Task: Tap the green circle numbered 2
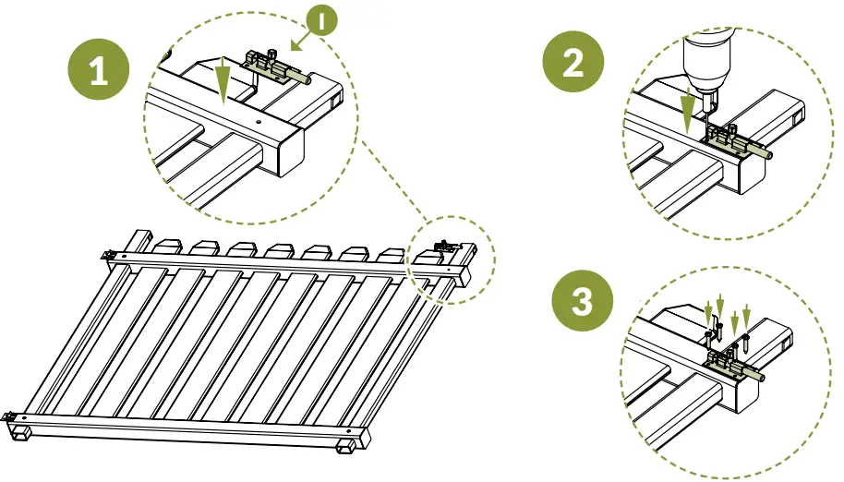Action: click(x=573, y=64)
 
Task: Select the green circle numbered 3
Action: click(x=582, y=302)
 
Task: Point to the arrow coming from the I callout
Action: click(x=298, y=42)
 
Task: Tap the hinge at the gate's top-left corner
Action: click(x=111, y=256)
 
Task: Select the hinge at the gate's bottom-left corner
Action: click(x=11, y=416)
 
